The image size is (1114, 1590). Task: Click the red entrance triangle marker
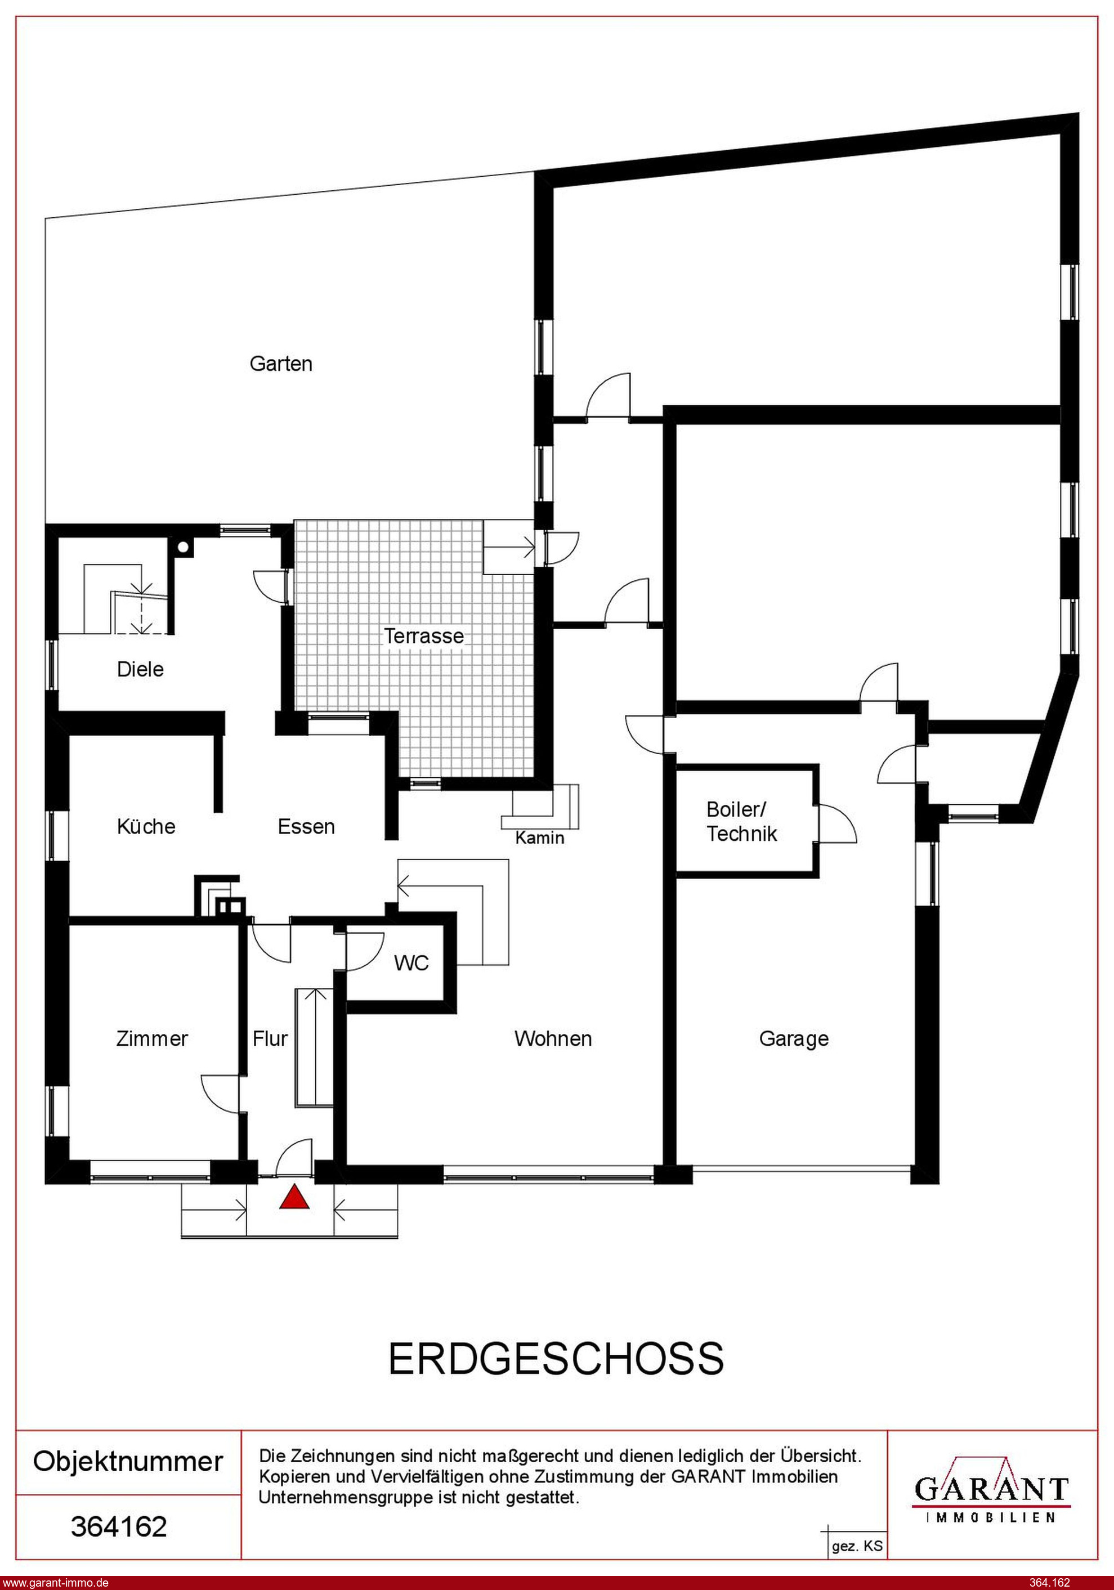[294, 1197]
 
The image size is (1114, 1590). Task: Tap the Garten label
[280, 364]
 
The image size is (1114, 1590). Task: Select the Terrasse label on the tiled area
[424, 636]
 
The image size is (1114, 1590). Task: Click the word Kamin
[540, 838]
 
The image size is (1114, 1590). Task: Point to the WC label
[411, 963]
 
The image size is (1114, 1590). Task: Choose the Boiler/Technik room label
[742, 821]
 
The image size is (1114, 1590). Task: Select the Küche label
[146, 826]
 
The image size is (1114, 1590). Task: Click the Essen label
[306, 826]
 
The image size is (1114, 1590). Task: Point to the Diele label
[141, 669]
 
